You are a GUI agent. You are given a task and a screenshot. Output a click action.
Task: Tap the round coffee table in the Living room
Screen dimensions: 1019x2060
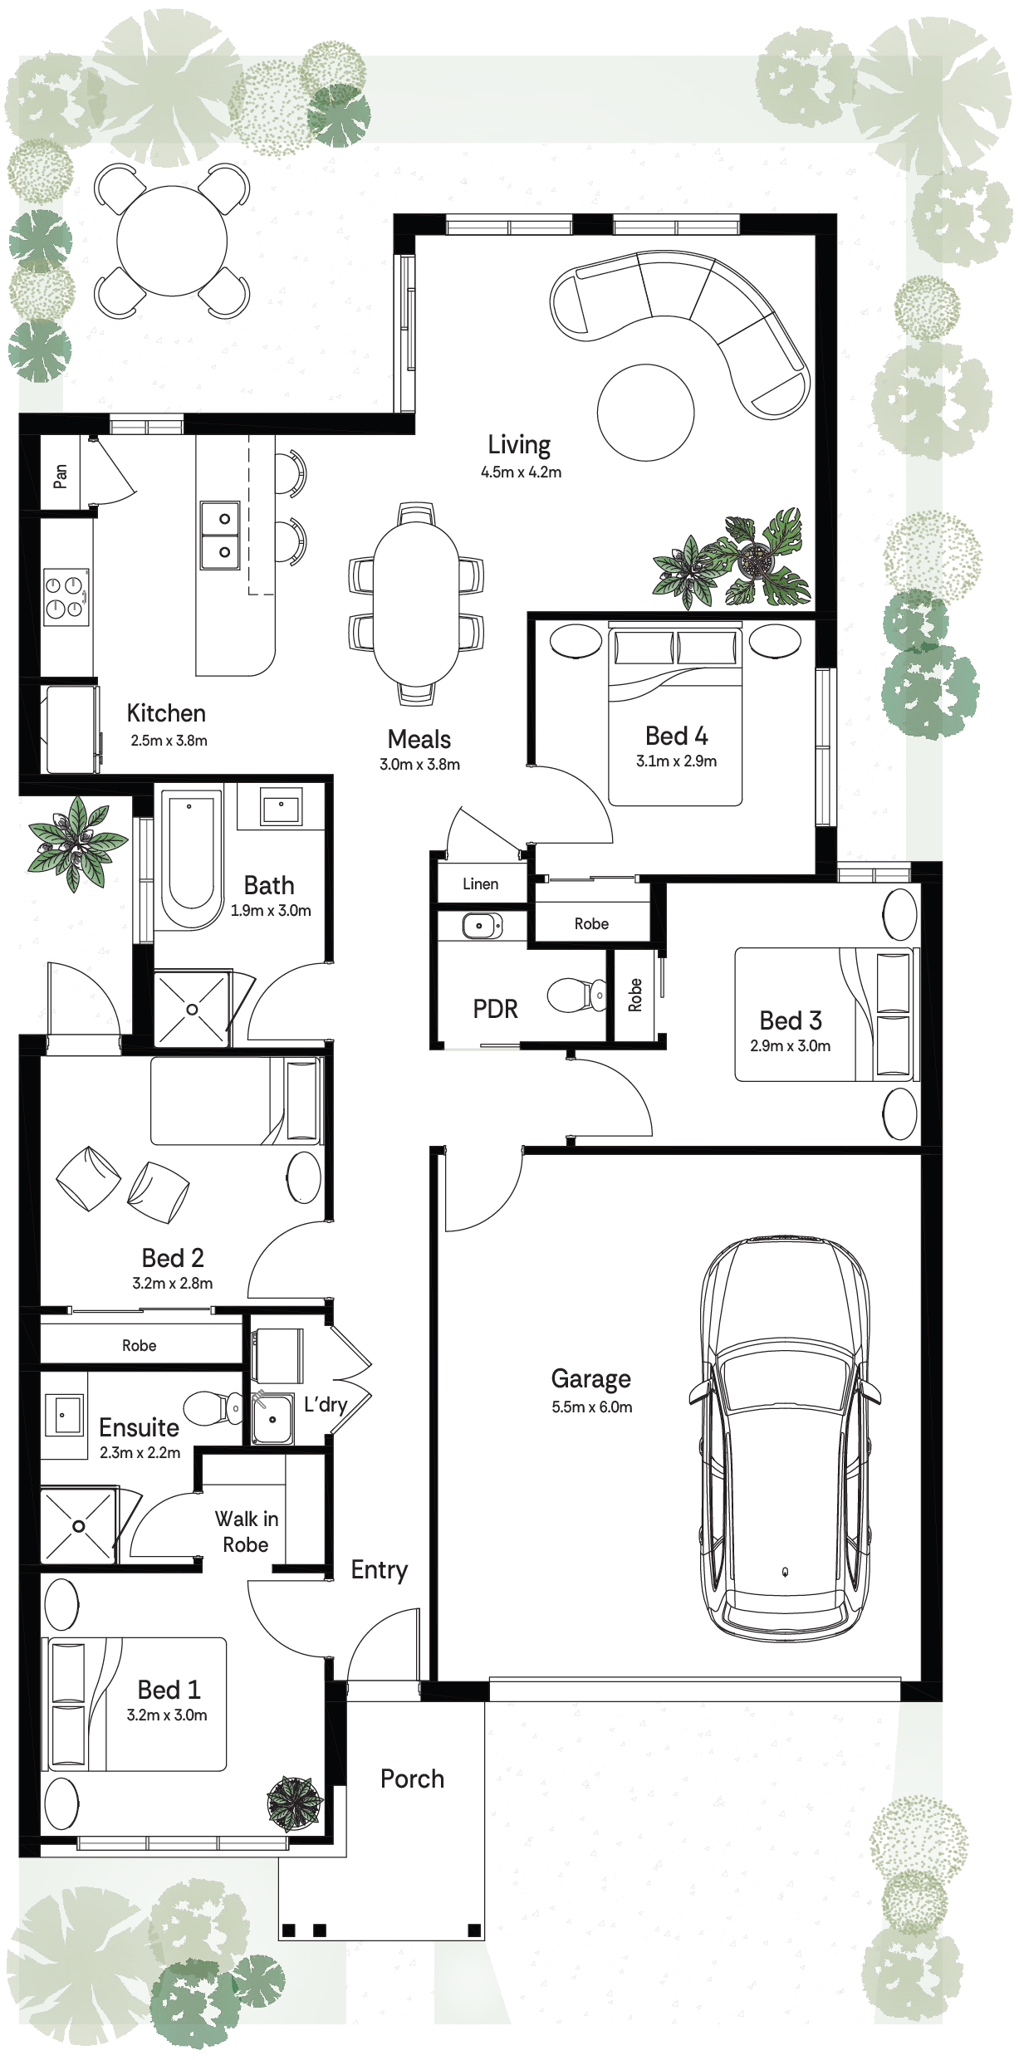(645, 413)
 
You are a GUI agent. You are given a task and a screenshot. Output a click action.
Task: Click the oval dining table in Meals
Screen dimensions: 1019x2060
(416, 604)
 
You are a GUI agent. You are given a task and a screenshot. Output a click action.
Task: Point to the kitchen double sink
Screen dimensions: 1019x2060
(220, 535)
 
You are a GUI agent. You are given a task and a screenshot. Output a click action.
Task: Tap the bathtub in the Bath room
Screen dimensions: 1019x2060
(191, 859)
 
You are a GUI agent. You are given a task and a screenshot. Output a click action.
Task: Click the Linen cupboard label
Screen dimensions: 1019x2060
(481, 884)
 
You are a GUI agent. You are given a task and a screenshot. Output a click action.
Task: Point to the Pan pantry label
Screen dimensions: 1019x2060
(61, 475)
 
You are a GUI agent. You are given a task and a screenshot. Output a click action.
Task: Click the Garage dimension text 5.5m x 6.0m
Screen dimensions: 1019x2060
(592, 1407)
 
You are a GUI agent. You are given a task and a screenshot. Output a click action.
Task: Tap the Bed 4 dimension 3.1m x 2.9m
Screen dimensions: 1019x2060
(677, 761)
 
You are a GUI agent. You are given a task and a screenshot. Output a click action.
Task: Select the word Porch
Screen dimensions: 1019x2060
(412, 1779)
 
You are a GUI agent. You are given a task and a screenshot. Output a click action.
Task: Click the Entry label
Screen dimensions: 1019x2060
(380, 1569)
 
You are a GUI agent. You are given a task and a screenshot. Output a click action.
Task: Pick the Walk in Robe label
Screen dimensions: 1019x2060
(247, 1531)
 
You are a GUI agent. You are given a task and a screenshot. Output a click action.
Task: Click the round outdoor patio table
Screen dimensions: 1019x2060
(172, 241)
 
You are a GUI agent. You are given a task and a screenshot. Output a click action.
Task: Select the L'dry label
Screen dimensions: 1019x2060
(326, 1404)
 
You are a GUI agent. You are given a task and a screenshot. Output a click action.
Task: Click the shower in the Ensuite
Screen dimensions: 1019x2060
(78, 1525)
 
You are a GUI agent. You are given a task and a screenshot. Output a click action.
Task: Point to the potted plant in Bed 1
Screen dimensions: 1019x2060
(293, 1803)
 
